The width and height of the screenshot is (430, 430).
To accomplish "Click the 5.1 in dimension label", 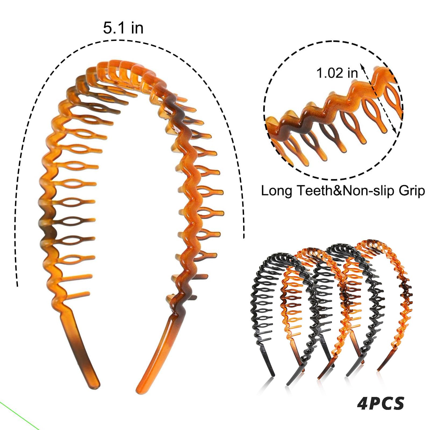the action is pos(123,28).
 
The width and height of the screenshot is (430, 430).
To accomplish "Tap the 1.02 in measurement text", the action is pos(337,73).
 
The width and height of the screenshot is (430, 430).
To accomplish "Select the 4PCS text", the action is pos(381,403).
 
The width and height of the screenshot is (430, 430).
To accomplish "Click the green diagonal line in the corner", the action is pos(19,415).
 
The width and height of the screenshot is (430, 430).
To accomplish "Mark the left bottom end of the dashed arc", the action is pos(17,285).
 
